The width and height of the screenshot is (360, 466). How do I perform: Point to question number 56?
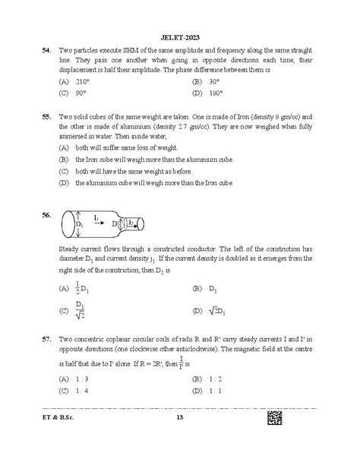(x=47, y=215)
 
